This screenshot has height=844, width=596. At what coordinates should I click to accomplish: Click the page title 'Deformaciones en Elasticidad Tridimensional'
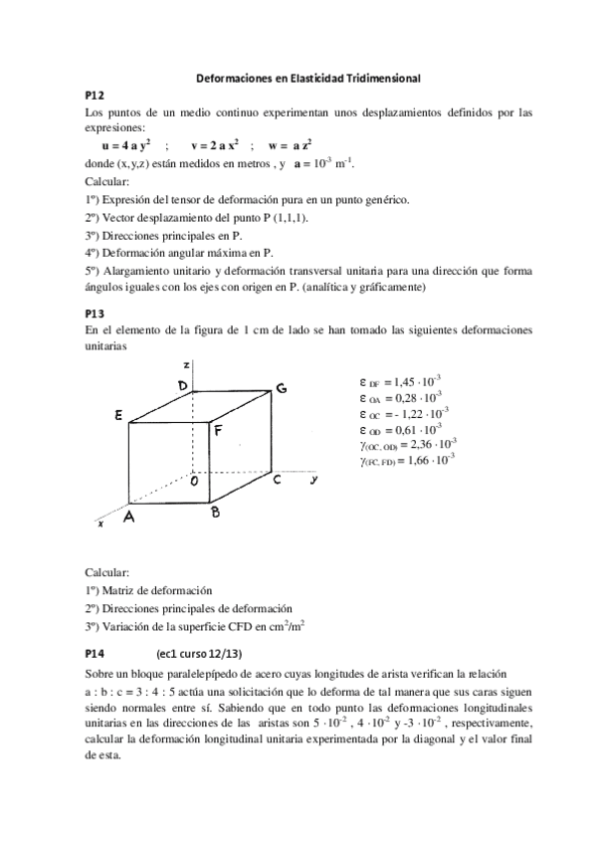click(298, 77)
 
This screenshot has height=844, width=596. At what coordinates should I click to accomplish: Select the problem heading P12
click(95, 95)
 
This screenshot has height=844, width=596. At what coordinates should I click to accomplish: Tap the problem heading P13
click(95, 313)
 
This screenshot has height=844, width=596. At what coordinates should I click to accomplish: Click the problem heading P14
click(95, 654)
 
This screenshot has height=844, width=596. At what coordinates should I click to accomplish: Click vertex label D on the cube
click(183, 385)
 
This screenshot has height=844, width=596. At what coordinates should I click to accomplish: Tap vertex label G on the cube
click(282, 388)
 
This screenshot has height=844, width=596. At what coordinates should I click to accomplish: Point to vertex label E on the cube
click(118, 419)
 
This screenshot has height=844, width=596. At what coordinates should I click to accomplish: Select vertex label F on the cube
click(218, 430)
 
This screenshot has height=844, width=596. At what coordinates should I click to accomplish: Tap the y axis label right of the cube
click(312, 480)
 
